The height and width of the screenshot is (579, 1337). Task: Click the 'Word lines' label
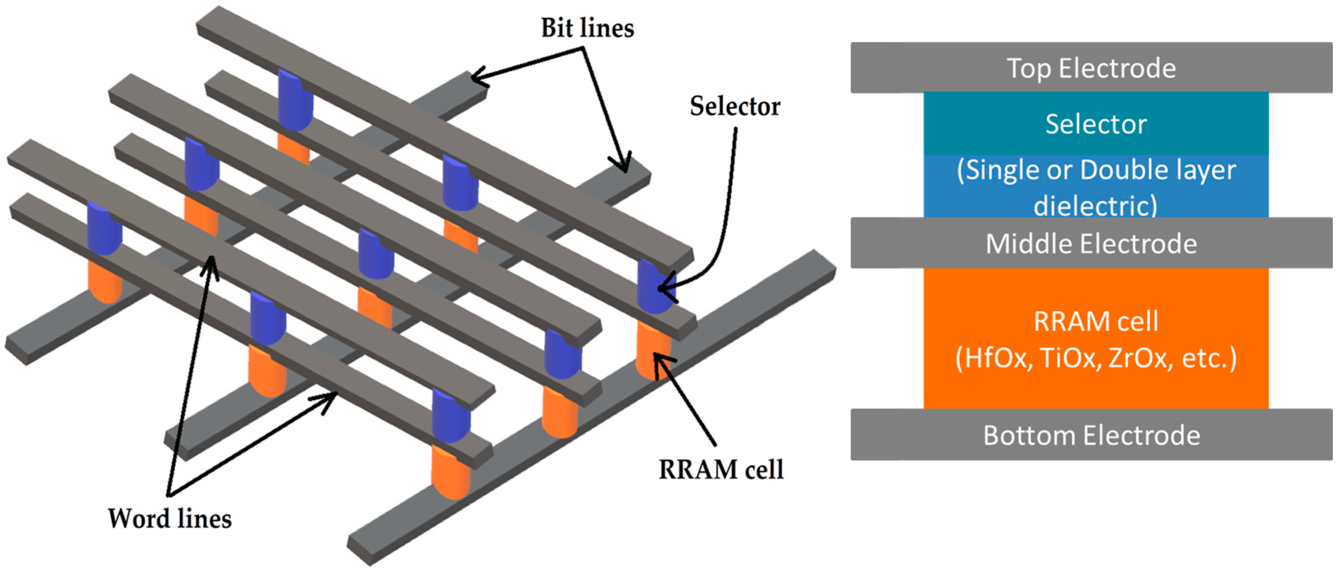point(169,519)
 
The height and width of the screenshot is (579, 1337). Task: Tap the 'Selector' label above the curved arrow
point(734,107)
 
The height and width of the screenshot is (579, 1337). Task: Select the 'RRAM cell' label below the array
point(720,470)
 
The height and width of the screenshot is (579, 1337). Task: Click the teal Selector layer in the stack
point(1095,124)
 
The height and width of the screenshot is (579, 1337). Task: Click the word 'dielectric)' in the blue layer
point(1095,206)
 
